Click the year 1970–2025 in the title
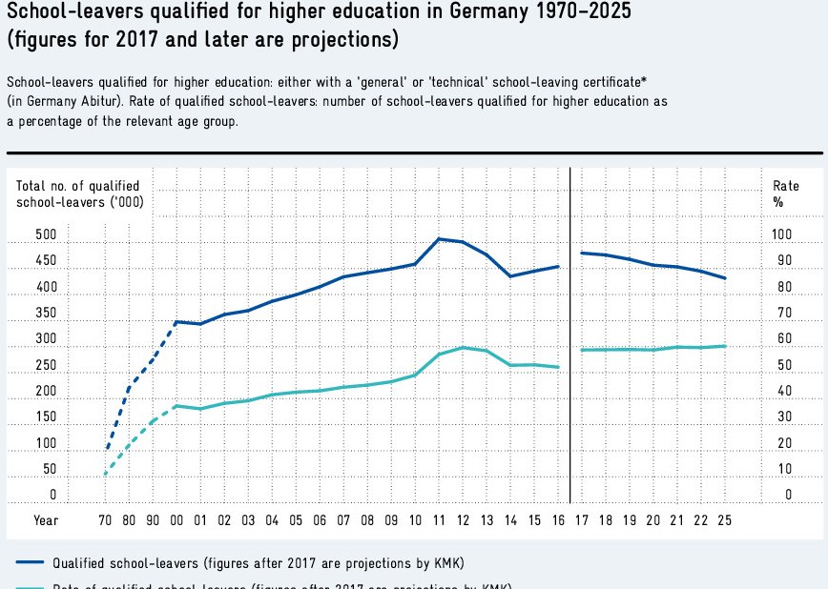click(x=577, y=13)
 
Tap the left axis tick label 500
click(x=46, y=234)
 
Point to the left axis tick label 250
click(x=46, y=366)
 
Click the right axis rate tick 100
click(x=782, y=234)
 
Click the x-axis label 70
click(x=105, y=520)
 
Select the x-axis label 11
click(x=439, y=520)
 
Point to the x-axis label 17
click(x=582, y=520)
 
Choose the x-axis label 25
click(x=725, y=520)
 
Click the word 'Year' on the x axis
click(x=46, y=520)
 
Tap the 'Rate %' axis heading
click(x=780, y=193)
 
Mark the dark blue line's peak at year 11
click(x=439, y=238)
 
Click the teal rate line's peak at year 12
click(x=463, y=347)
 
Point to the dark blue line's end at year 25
click(x=725, y=278)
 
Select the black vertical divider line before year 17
click(x=570, y=334)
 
